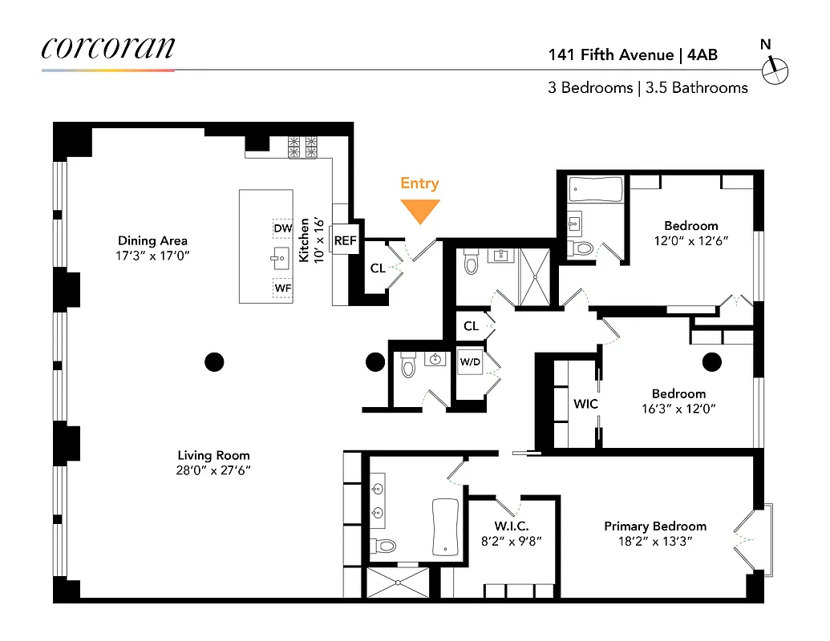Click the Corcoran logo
107,47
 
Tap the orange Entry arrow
420,211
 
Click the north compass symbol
775,71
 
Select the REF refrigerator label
345,240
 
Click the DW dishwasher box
282,228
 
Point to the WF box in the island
282,287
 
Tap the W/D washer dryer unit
470,361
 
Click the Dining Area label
152,240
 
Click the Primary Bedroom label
655,526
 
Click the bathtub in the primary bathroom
444,527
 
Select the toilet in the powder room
407,366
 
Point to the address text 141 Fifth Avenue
610,55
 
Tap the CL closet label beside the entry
377,268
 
